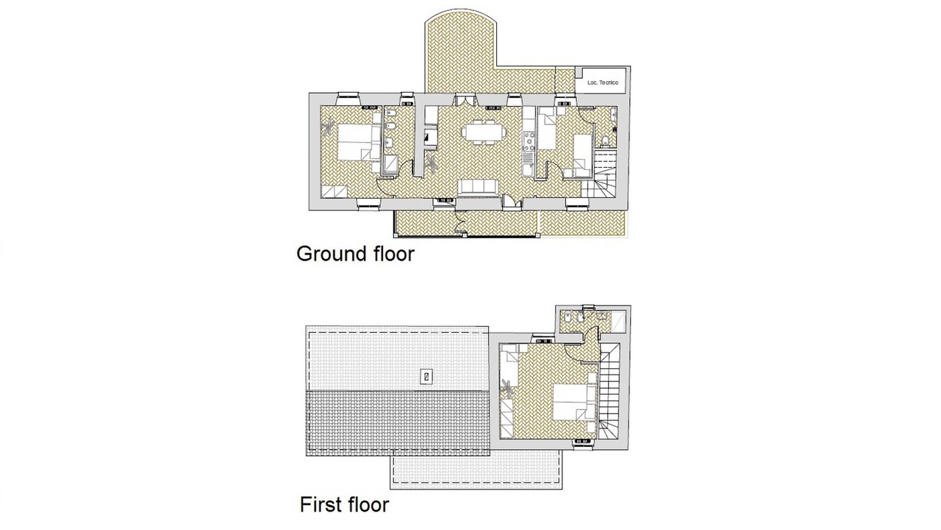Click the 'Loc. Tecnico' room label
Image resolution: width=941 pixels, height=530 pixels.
pyautogui.click(x=602, y=83)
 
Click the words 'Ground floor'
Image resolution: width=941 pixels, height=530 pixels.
pyautogui.click(x=355, y=254)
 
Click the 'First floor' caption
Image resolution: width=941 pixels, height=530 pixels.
pyautogui.click(x=345, y=504)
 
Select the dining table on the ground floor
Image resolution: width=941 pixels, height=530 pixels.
pyautogui.click(x=484, y=132)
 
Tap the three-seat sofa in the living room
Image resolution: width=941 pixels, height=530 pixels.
pyautogui.click(x=479, y=187)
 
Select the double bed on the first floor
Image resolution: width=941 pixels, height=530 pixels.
pyautogui.click(x=574, y=402)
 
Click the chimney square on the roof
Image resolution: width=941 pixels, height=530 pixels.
pyautogui.click(x=426, y=376)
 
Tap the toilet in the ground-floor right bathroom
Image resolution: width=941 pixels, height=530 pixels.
pyautogui.click(x=605, y=141)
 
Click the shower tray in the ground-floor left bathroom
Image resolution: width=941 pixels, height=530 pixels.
pyautogui.click(x=392, y=164)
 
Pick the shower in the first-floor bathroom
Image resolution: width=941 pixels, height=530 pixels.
pyautogui.click(x=618, y=322)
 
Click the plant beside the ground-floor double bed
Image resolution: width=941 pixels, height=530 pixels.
pyautogui.click(x=328, y=126)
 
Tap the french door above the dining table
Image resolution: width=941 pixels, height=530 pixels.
pyautogui.click(x=465, y=100)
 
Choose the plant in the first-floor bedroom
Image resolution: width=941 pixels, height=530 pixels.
pyautogui.click(x=507, y=388)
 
